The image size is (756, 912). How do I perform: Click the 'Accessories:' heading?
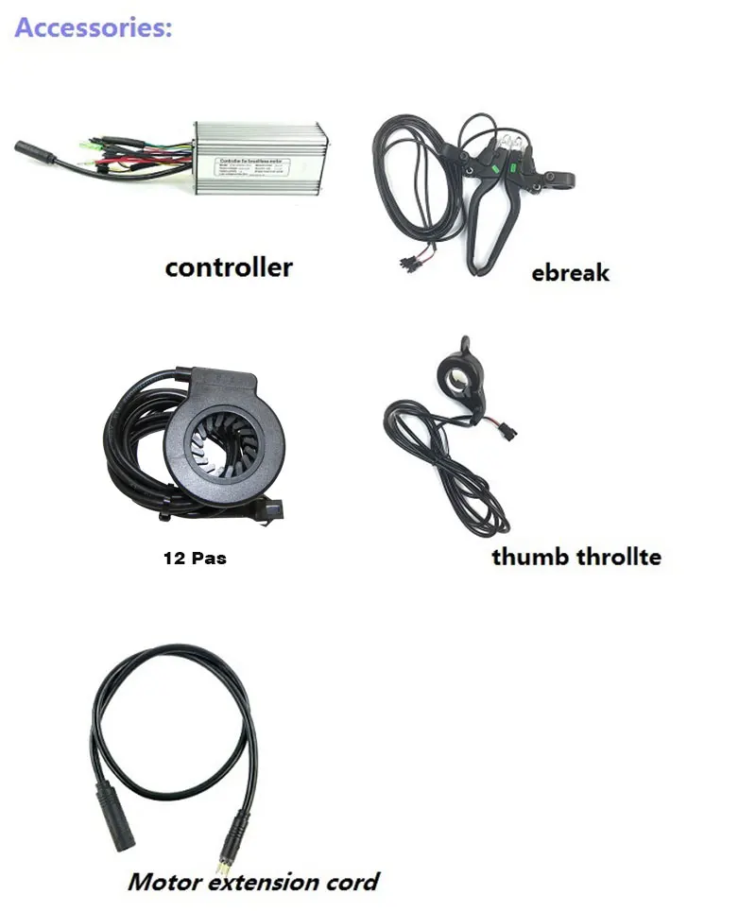click(x=94, y=27)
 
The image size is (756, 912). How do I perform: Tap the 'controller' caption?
click(x=229, y=267)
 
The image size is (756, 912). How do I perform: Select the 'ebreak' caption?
click(x=570, y=273)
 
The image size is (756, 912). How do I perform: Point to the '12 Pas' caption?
click(x=195, y=559)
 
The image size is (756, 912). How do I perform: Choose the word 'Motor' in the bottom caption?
click(x=164, y=882)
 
